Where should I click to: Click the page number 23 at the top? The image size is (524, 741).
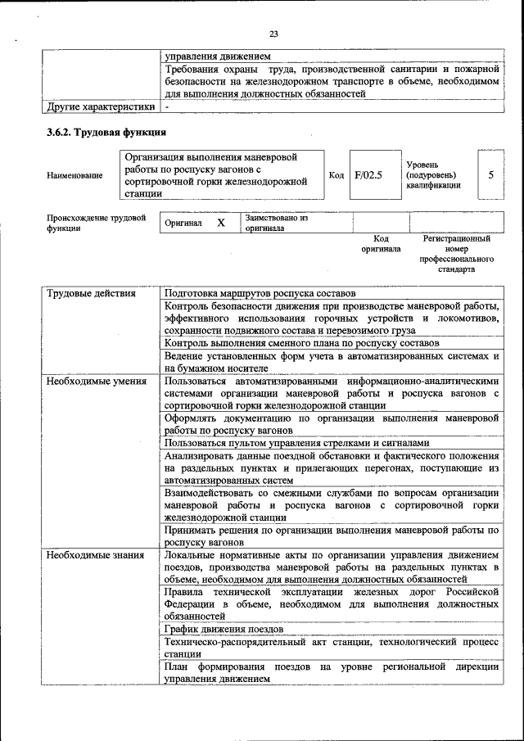click(x=273, y=34)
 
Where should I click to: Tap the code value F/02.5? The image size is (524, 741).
click(x=368, y=174)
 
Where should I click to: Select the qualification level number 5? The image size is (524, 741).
click(x=490, y=174)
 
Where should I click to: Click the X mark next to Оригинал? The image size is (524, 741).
click(x=220, y=223)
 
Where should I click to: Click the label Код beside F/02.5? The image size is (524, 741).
click(x=336, y=174)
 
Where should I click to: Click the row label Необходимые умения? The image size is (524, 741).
click(x=97, y=381)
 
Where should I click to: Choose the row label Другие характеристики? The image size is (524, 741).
click(x=100, y=106)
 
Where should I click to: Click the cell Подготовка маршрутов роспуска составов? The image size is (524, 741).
click(x=260, y=292)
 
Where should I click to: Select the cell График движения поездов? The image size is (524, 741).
click(x=224, y=629)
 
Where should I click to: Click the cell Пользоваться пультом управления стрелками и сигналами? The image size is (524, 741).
click(x=296, y=443)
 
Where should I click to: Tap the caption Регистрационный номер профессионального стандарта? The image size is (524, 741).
click(x=456, y=254)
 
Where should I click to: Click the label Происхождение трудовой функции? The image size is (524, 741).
click(x=96, y=223)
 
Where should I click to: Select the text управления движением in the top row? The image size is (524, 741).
click(x=217, y=56)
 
